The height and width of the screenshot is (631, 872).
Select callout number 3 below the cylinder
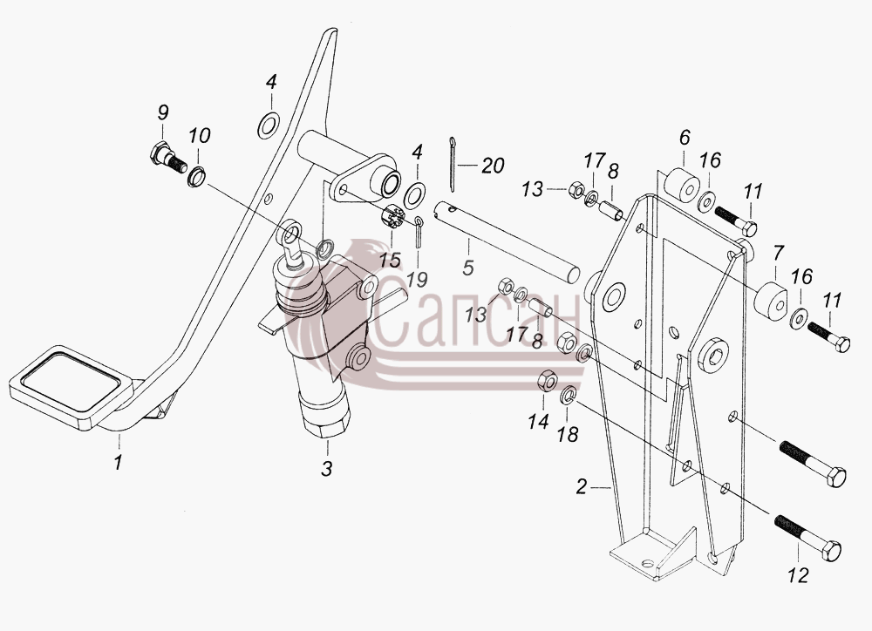[327, 469]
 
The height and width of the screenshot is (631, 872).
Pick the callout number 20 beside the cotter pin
[493, 165]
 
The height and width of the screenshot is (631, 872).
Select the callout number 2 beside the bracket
[581, 487]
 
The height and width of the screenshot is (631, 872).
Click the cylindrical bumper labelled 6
[682, 187]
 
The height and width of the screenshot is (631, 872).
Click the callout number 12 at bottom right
[798, 575]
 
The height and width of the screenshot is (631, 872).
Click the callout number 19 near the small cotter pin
[417, 279]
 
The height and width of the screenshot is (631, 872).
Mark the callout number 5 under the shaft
[468, 267]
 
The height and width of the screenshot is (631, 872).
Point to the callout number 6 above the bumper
[685, 137]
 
